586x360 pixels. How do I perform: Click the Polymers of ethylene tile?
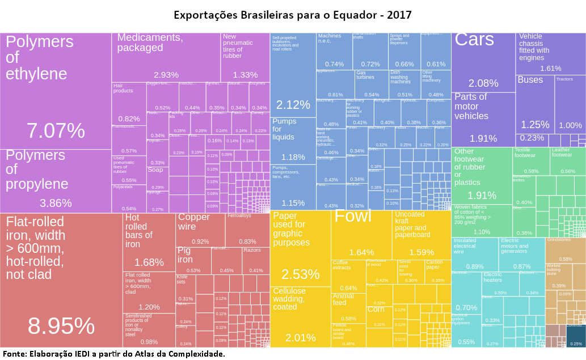pyautogui.click(x=56, y=91)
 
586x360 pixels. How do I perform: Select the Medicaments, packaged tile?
pyautogui.click(x=166, y=57)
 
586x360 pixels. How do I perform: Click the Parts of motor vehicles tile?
pyautogui.click(x=483, y=118)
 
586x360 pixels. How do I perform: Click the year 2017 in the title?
pyautogui.click(x=399, y=15)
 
